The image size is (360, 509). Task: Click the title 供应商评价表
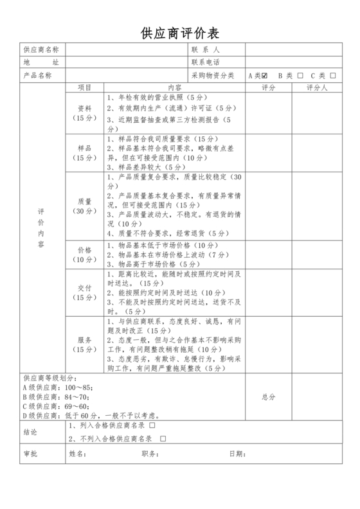[x=179, y=33]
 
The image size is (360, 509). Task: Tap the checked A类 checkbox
[x=265, y=75]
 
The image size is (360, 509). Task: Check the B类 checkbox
[x=300, y=75]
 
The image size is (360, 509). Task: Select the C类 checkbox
[x=333, y=75]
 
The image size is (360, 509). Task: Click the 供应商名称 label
[x=41, y=49]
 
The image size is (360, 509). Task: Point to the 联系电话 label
[x=206, y=62]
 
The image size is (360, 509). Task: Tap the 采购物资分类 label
[x=213, y=75]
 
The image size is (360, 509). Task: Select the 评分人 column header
[x=318, y=87]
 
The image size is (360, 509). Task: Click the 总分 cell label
[x=268, y=397]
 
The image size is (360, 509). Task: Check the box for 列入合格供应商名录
[x=152, y=426]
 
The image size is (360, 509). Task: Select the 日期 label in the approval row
[x=237, y=454]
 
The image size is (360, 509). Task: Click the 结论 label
[x=30, y=432]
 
